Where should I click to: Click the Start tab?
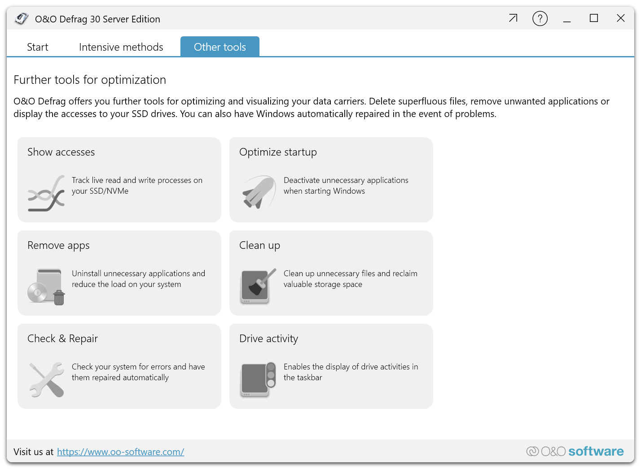pyautogui.click(x=38, y=47)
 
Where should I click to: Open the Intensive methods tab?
pyautogui.click(x=121, y=47)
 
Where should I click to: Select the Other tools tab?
pyautogui.click(x=220, y=47)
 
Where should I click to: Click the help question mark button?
pyautogui.click(x=540, y=19)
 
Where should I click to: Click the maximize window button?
pyautogui.click(x=594, y=18)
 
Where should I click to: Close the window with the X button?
pyautogui.click(x=620, y=18)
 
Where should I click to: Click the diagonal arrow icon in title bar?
pyautogui.click(x=513, y=18)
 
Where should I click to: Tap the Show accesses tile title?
pyautogui.click(x=61, y=152)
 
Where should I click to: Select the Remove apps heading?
pyautogui.click(x=58, y=246)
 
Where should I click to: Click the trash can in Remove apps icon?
pyautogui.click(x=59, y=298)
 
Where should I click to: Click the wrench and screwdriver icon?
pyautogui.click(x=47, y=380)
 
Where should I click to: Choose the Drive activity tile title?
pyautogui.click(x=269, y=339)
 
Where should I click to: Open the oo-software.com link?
pyautogui.click(x=120, y=452)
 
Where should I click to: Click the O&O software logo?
pyautogui.click(x=575, y=452)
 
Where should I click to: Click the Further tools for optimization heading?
pyautogui.click(x=90, y=80)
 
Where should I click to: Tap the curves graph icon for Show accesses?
pyautogui.click(x=46, y=194)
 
